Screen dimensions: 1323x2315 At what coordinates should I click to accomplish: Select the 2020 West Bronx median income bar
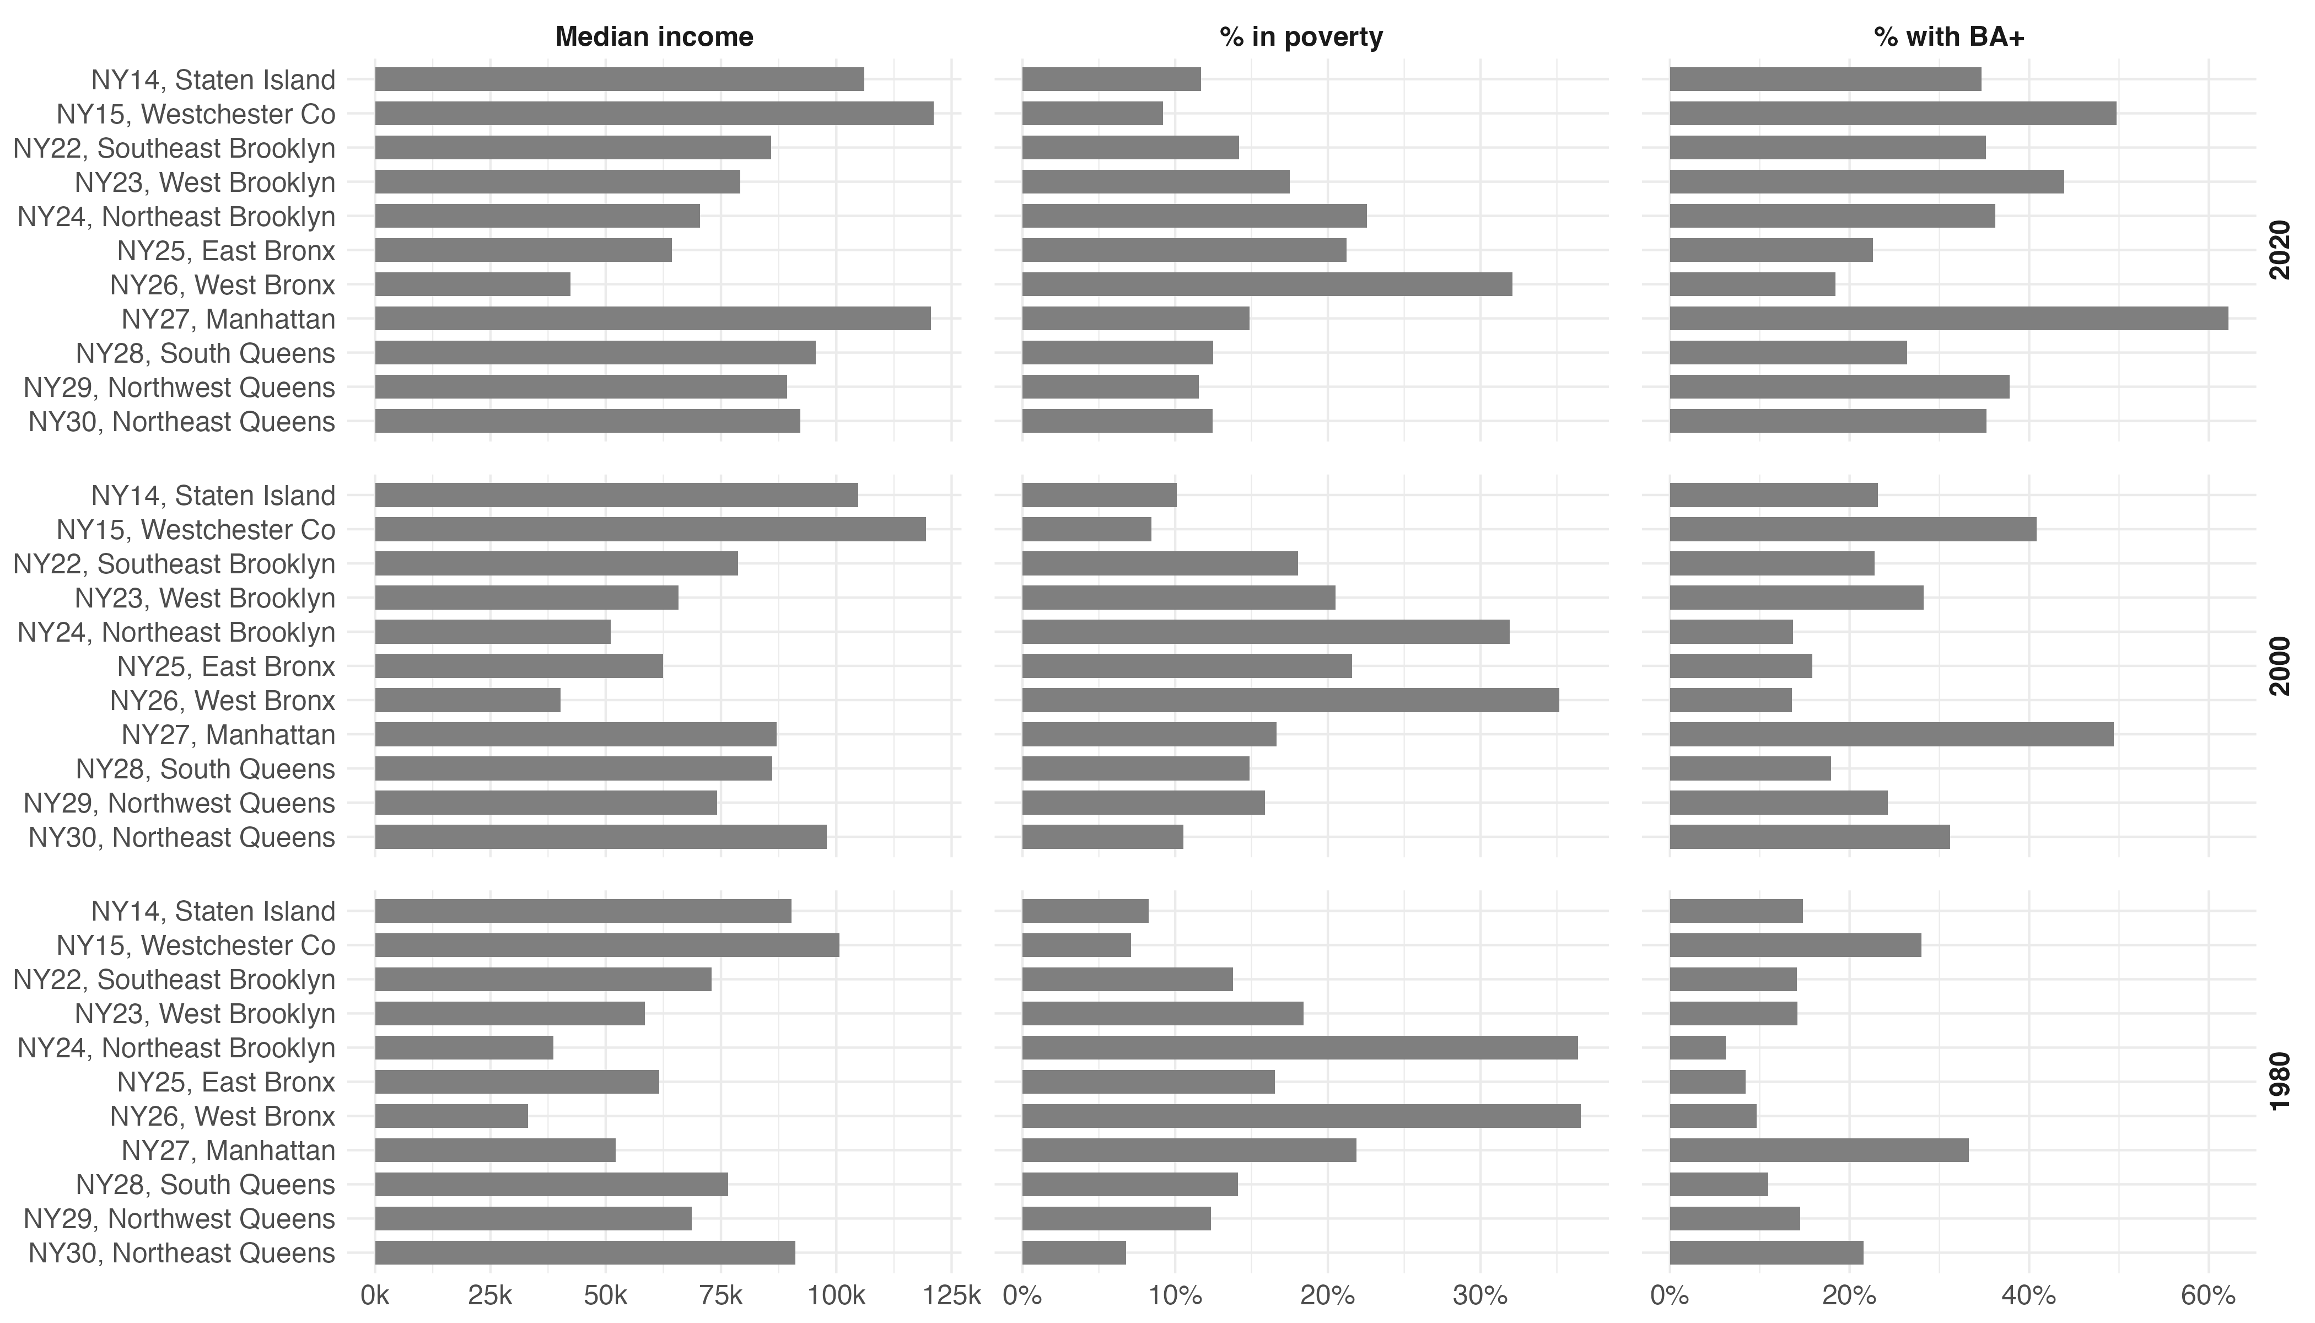click(x=472, y=284)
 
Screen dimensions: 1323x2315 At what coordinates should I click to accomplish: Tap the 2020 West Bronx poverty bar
click(x=1267, y=284)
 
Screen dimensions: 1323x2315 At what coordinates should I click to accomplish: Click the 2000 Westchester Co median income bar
click(x=650, y=530)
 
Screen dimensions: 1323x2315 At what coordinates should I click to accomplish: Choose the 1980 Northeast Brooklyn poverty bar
click(x=1299, y=1048)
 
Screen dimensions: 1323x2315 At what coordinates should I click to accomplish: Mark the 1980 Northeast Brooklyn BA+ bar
click(x=1697, y=1048)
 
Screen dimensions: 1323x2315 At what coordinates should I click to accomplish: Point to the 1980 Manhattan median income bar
click(x=495, y=1150)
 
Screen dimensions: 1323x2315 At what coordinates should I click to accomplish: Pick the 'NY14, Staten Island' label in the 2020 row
click(x=213, y=80)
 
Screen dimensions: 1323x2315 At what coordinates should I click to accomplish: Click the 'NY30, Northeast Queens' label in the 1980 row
click(x=182, y=1253)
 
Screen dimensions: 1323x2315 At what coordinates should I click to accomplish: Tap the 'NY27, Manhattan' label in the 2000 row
click(x=228, y=734)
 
